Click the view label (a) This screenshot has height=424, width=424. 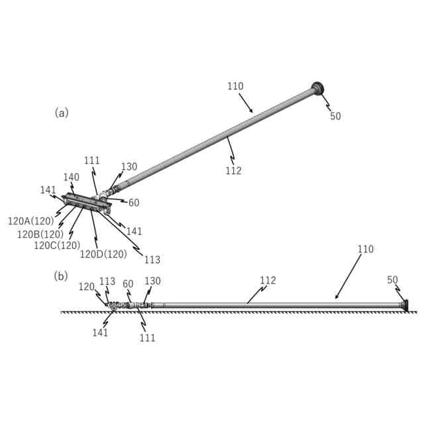tap(61, 113)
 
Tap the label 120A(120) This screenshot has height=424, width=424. tap(30, 221)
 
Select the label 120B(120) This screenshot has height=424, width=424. tap(40, 234)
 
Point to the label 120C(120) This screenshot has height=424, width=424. tap(57, 245)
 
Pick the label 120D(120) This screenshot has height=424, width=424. tap(103, 254)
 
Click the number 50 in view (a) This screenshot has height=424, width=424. tap(336, 116)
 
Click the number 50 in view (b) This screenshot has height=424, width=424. tap(393, 280)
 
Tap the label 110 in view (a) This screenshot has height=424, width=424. tap(235, 86)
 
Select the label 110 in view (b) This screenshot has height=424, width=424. tap(366, 250)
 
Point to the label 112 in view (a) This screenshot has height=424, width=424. tap(233, 171)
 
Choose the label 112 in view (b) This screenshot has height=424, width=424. tap(268, 280)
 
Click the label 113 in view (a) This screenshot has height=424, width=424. tap(152, 260)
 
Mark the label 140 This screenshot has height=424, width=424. tap(71, 177)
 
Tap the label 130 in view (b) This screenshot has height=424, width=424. tap(152, 281)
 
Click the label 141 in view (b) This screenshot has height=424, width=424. tap(101, 333)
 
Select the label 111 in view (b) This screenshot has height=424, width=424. tap(148, 338)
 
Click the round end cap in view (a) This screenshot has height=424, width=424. tap(317, 88)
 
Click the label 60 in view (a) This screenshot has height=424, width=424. tap(134, 203)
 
